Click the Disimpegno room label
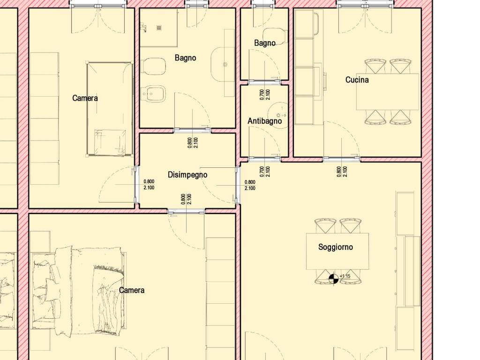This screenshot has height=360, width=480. click(x=187, y=175)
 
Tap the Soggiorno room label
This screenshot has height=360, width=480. click(x=336, y=247)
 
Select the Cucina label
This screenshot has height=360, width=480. click(x=357, y=80)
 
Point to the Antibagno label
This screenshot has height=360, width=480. click(x=264, y=121)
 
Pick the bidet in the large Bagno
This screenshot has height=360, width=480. click(x=153, y=93)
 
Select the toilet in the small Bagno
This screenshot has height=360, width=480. click(x=275, y=37)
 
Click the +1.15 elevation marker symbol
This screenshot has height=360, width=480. click(x=333, y=279)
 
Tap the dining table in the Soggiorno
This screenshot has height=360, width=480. click(x=337, y=251)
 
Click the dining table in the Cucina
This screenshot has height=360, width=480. click(x=388, y=91)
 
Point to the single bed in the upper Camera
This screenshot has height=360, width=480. click(x=110, y=109)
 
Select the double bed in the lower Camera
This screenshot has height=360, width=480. click(x=79, y=291)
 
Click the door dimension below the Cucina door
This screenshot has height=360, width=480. click(x=342, y=172)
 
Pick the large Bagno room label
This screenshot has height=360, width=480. click(x=185, y=58)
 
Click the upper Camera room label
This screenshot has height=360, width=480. click(x=85, y=98)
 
